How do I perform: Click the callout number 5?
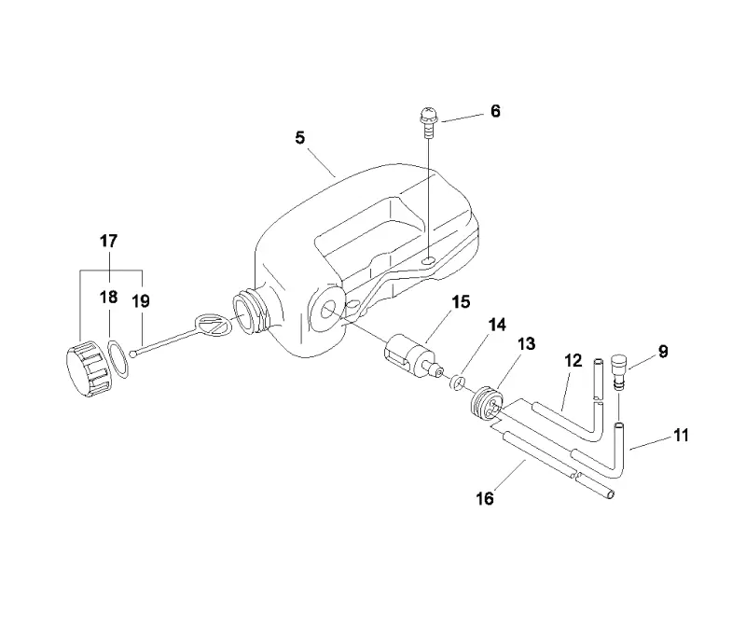[299, 138]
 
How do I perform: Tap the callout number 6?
[495, 111]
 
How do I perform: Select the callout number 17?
[108, 242]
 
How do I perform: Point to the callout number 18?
[108, 298]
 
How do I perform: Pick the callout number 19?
[141, 301]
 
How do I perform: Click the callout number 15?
[461, 301]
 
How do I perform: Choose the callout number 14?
[497, 325]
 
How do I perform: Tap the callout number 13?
[526, 343]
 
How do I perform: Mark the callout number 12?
[573, 361]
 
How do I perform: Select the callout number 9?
[663, 352]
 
